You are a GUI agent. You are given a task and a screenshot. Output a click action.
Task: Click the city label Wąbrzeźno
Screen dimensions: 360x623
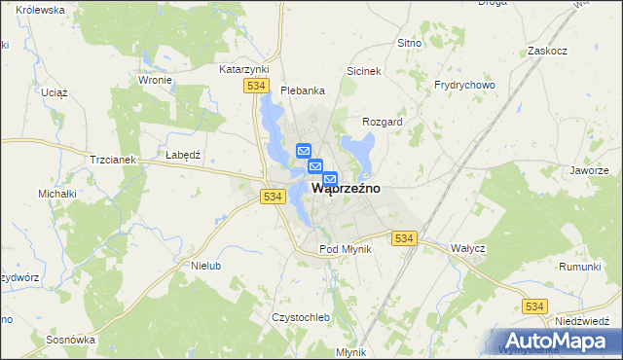pos(345,189)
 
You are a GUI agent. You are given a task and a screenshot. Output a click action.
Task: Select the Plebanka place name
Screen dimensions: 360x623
pos(302,90)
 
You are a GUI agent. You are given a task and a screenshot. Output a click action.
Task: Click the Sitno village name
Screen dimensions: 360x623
pos(409,43)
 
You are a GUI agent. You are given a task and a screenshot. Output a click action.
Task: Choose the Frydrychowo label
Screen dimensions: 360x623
pos(464,85)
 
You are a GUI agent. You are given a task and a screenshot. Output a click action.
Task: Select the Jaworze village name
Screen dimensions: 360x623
pos(590,169)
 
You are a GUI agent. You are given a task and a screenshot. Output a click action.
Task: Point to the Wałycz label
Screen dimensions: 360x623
pos(468,248)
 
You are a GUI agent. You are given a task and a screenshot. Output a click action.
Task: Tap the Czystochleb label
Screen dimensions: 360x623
pos(302,318)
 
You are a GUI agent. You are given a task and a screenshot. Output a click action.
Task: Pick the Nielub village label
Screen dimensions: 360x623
pos(207,265)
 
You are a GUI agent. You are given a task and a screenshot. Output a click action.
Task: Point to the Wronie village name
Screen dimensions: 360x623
pos(156,80)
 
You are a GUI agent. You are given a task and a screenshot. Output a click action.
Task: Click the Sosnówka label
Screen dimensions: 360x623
pos(70,340)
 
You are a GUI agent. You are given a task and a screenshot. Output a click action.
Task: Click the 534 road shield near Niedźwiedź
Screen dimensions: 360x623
pos(533,306)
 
